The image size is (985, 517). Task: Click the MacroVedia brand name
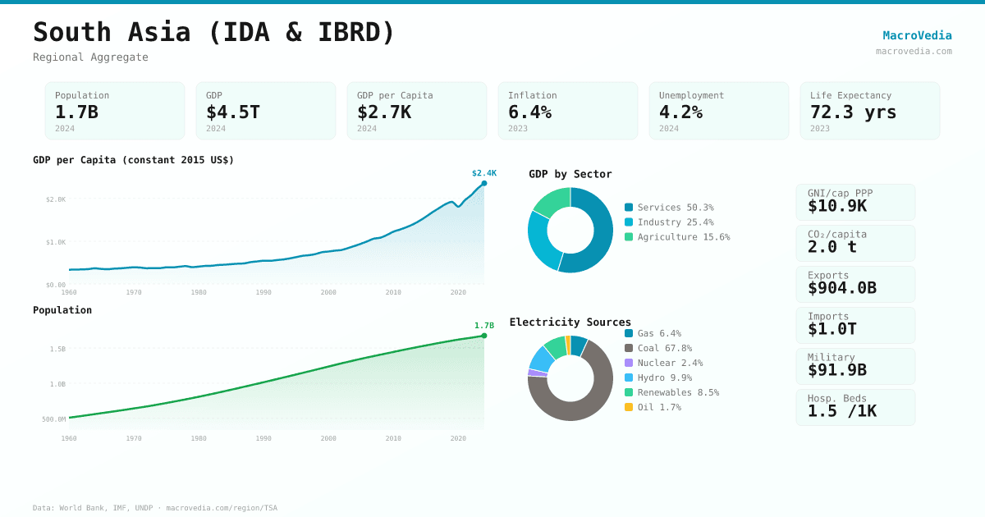917,35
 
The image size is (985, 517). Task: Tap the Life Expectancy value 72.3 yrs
853,112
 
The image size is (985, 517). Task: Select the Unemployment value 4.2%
680,112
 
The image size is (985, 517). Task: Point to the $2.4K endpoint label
483,173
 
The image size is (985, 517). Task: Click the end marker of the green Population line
484,336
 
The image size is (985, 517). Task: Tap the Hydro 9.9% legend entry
664,377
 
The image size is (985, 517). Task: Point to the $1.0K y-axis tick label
56,242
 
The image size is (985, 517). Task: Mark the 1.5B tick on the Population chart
57,349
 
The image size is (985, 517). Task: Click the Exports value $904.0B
841,288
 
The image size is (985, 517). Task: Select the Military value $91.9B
836,370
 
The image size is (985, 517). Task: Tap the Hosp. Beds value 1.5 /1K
841,411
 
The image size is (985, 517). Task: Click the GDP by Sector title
570,174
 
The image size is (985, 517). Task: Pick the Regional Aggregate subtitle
90,57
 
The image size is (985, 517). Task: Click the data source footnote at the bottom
155,508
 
